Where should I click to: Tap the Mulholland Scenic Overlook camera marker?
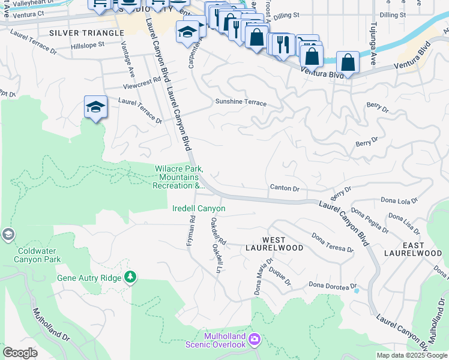[255, 340]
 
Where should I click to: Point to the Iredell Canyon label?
[199, 209]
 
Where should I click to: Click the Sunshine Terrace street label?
[241, 103]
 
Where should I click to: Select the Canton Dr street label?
[285, 188]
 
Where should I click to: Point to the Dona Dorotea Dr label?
[333, 286]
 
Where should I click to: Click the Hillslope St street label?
[88, 44]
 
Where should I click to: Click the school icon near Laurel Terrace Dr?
[95, 107]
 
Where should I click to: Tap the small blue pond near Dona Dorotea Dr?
[357, 291]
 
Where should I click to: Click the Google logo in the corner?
[20, 353]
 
